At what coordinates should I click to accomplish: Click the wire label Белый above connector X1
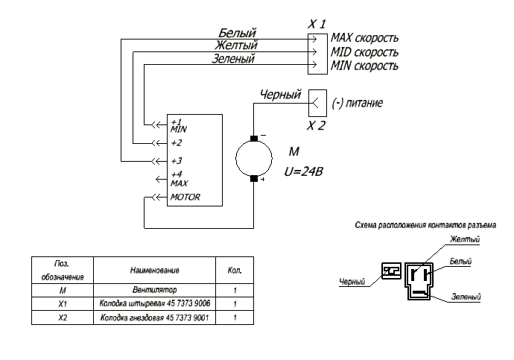point(237,33)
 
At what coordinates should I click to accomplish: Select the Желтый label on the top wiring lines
point(236,45)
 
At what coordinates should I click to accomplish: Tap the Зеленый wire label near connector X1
point(233,58)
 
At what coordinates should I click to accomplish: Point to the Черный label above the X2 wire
point(280,95)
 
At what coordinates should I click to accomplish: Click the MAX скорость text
point(364,38)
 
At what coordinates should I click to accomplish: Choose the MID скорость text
point(364,52)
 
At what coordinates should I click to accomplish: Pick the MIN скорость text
point(364,66)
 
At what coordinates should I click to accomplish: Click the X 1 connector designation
point(317,25)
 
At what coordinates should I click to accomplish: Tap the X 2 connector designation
point(316,125)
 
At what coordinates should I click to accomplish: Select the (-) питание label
point(358,103)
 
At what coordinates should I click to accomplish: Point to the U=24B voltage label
point(303,171)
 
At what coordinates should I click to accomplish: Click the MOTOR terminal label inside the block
point(185,197)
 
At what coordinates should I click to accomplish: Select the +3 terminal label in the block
point(177,161)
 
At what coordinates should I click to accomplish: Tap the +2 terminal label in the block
point(177,143)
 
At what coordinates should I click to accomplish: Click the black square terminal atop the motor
point(254,139)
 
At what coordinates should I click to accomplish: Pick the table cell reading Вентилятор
point(154,290)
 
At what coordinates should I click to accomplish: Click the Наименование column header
point(154,271)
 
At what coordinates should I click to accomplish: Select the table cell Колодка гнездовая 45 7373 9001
point(154,318)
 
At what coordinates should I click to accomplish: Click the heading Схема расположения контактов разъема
point(425,225)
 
